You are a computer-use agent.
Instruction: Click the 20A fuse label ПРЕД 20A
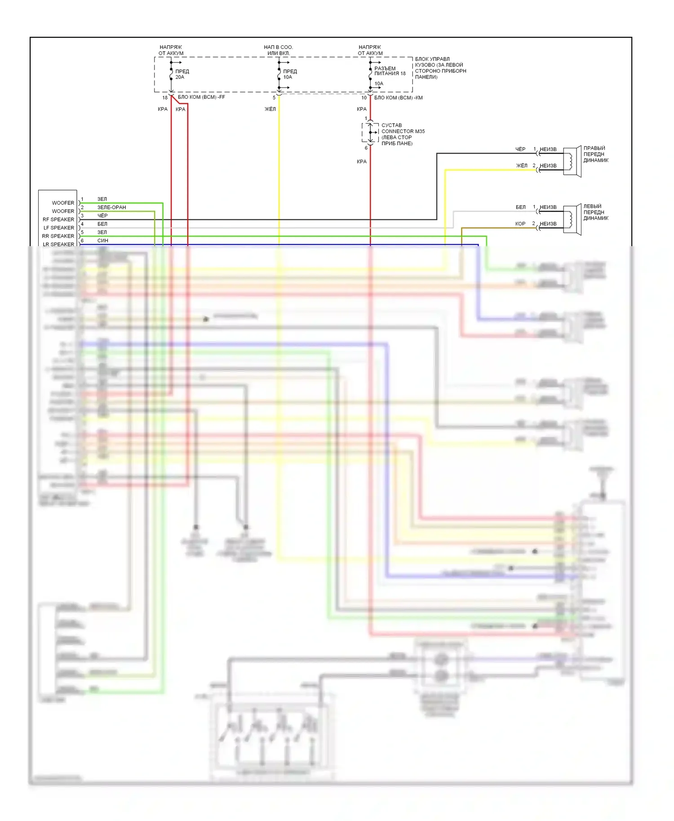pyautogui.click(x=182, y=74)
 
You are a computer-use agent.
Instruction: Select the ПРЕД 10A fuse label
pyautogui.click(x=290, y=74)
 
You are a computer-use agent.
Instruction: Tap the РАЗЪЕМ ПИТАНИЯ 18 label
pyautogui.click(x=390, y=71)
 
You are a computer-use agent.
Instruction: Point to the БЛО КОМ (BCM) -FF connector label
pyautogui.click(x=201, y=97)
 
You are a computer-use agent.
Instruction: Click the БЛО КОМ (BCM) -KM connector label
pyautogui.click(x=398, y=97)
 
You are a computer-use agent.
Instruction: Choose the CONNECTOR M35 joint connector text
pyautogui.click(x=403, y=131)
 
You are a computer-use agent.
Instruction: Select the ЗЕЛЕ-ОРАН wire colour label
pyautogui.click(x=111, y=207)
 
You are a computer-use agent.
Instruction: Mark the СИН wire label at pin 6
pyautogui.click(x=102, y=241)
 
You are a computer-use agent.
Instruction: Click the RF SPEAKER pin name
pyautogui.click(x=58, y=220)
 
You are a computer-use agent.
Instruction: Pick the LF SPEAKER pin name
pyautogui.click(x=59, y=228)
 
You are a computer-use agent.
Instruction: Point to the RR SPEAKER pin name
pyautogui.click(x=58, y=236)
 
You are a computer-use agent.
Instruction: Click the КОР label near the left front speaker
pyautogui.click(x=520, y=224)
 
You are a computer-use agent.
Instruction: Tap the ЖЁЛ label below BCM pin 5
pyautogui.click(x=270, y=109)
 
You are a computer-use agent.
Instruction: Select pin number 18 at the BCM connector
pyautogui.click(x=165, y=97)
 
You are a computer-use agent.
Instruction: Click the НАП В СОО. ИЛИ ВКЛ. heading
pyautogui.click(x=278, y=50)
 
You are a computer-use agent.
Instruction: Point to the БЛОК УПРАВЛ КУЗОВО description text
pyautogui.click(x=440, y=68)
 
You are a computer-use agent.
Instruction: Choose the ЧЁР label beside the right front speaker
pyautogui.click(x=520, y=149)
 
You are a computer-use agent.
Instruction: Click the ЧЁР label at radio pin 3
pyautogui.click(x=102, y=216)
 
